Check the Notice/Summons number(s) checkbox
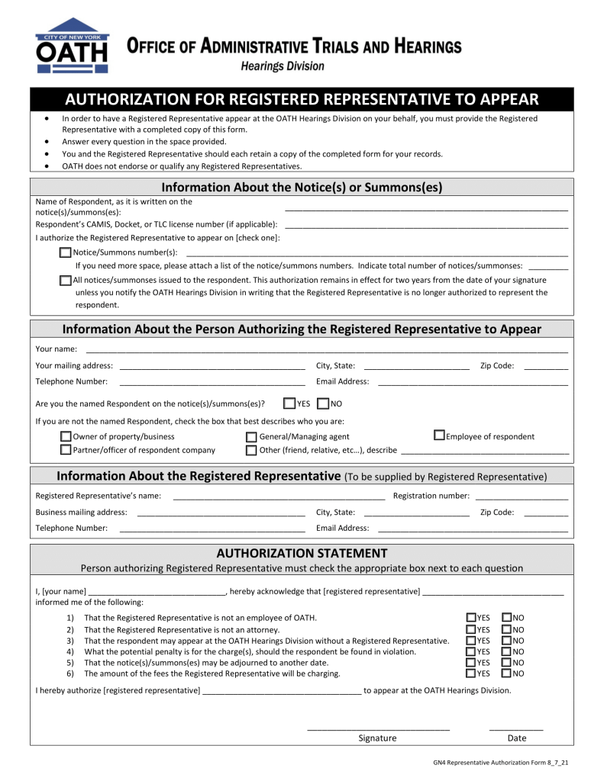66,252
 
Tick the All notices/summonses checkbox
66,280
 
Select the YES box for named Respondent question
289,403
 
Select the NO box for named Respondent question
323,403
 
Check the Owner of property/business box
66,436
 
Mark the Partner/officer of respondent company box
66,450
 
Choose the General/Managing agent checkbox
252,437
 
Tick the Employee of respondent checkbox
439,435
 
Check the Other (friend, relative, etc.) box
252,451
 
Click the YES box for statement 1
471,617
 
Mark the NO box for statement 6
507,673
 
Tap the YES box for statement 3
471,640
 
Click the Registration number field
520,497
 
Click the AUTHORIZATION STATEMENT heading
302,553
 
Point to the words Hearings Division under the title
283,66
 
